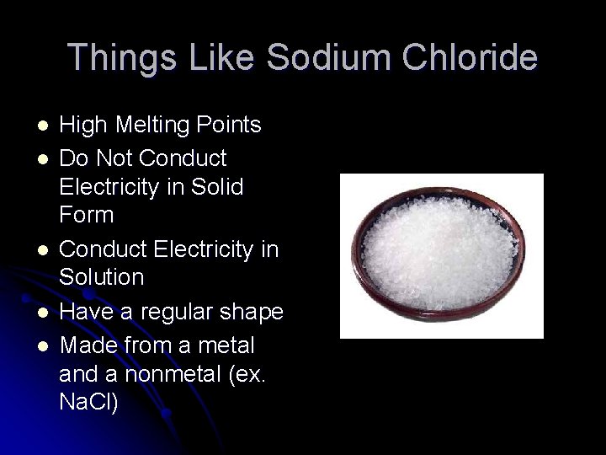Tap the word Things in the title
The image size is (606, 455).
[x=119, y=57]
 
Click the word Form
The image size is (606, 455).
[x=87, y=216]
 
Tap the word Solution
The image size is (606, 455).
[x=102, y=277]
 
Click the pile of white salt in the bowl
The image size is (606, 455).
[x=442, y=254]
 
